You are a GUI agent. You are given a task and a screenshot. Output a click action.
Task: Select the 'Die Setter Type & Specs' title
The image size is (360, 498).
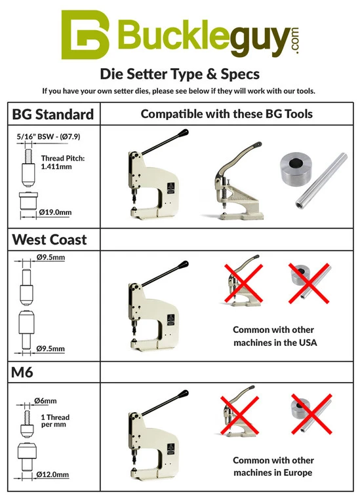179,73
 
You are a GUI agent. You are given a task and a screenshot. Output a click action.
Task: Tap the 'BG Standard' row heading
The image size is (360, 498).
53,115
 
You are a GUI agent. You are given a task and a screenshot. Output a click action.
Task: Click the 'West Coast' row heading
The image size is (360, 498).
50,239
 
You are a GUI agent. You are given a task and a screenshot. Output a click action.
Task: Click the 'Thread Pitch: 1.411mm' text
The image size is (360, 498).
62,163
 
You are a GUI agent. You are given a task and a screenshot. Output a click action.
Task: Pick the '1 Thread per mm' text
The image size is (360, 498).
55,421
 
